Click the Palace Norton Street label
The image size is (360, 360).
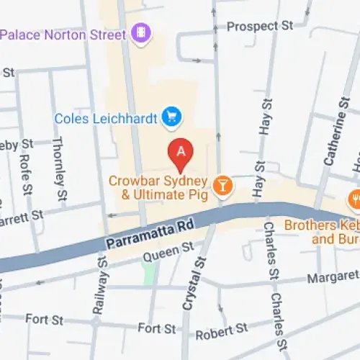(x=63, y=33)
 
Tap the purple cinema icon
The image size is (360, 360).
(x=140, y=32)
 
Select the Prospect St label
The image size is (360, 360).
(x=260, y=26)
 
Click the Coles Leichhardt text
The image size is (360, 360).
(x=107, y=117)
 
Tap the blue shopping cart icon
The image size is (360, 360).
(x=171, y=116)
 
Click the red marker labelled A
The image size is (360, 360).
(x=181, y=153)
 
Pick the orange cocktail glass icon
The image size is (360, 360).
(x=224, y=185)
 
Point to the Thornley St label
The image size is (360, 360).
(x=60, y=170)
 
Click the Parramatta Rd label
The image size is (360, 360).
(x=140, y=234)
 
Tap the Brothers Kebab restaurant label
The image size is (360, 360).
(x=321, y=232)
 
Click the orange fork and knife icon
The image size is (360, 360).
(x=354, y=198)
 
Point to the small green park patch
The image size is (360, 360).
(x=148, y=271)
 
